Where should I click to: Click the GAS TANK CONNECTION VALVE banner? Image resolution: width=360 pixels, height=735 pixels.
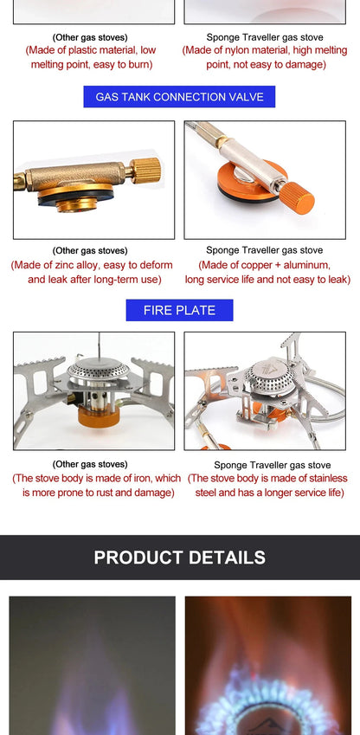(179, 97)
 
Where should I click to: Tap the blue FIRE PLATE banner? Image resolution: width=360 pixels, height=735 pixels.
(179, 310)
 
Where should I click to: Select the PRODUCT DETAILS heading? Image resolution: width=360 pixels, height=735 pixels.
(179, 558)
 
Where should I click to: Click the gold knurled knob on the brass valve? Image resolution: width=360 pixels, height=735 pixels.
(145, 169)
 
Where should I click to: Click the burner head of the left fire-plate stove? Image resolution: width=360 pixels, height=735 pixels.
(98, 371)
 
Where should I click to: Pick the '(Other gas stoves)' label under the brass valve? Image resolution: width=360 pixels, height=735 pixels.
(90, 251)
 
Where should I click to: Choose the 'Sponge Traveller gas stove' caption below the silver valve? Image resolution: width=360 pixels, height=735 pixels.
(264, 251)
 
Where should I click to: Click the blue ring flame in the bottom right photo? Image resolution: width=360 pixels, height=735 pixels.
(268, 706)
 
